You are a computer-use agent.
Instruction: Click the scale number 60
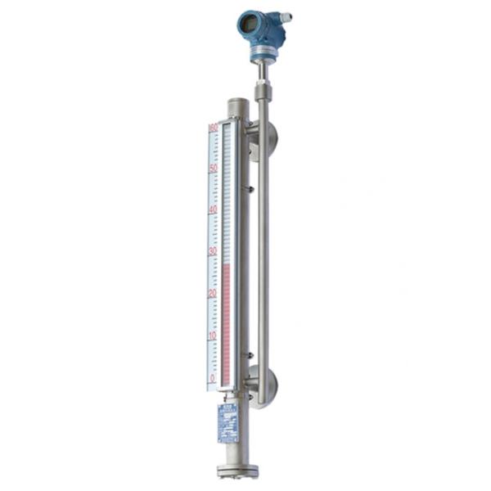point(213,128)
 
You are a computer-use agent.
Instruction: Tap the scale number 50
point(213,168)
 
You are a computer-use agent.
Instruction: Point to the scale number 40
point(213,209)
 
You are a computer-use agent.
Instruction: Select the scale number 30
point(213,251)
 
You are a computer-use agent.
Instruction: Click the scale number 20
point(213,293)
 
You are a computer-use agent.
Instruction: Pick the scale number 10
point(213,336)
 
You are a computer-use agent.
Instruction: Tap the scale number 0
point(213,377)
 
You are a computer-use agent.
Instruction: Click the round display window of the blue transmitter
point(246,25)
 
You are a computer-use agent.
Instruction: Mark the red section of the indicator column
point(227,319)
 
